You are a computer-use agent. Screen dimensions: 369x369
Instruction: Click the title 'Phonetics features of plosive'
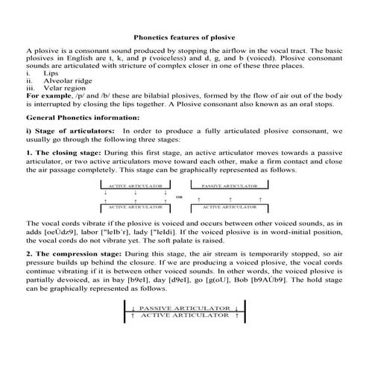coord(183,35)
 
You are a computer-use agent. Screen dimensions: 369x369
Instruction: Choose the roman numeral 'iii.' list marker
coord(30,89)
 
